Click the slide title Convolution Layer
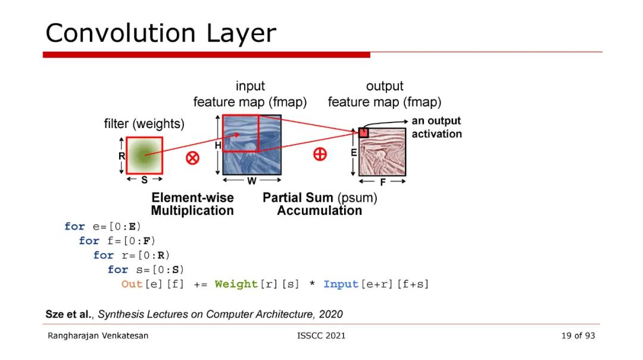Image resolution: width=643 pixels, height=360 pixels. [161, 33]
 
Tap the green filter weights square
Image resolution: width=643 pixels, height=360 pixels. [144, 155]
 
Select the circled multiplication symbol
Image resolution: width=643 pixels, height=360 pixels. [192, 158]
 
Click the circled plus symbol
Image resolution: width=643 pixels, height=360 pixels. [320, 154]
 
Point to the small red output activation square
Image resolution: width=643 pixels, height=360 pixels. [364, 133]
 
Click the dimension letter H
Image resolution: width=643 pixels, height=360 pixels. [218, 145]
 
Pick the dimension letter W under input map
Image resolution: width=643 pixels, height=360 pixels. [252, 181]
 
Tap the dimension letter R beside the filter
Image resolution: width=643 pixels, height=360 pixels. [121, 156]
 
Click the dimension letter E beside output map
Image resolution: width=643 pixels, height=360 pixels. [354, 152]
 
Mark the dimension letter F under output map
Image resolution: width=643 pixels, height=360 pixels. [383, 183]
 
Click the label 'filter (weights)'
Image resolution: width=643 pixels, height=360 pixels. [144, 124]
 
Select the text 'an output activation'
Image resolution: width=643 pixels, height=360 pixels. [436, 127]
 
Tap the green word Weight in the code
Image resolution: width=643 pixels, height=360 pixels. [236, 284]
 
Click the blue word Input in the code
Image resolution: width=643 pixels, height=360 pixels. [341, 284]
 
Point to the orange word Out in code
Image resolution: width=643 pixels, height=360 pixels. [132, 284]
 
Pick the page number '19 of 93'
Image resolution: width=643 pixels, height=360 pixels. [578, 336]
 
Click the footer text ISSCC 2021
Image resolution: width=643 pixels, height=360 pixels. [321, 336]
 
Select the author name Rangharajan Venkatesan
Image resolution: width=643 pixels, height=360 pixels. [98, 336]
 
